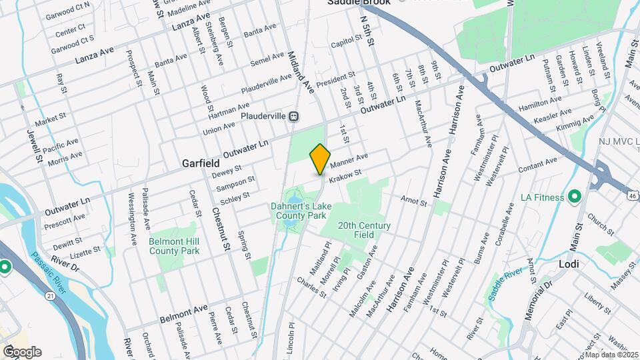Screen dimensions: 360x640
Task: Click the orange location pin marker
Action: [x=320, y=159]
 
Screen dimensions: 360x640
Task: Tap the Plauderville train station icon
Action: [x=294, y=115]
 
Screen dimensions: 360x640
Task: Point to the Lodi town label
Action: [x=568, y=263]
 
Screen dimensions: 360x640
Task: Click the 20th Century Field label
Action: [x=364, y=231]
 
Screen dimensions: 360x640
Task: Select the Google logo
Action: [x=22, y=352]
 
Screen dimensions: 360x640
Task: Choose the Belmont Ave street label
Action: [x=184, y=311]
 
